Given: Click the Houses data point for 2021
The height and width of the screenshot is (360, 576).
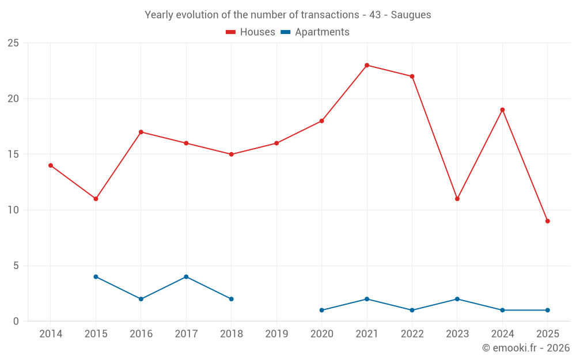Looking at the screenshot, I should pos(367,65).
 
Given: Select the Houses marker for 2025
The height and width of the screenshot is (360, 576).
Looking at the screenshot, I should pos(547,221).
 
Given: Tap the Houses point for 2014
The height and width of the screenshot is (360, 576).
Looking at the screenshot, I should pos(51,165).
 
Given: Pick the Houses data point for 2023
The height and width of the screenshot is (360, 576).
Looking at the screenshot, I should pos(457,199).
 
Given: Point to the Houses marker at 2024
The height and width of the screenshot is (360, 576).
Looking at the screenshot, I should pos(502,110).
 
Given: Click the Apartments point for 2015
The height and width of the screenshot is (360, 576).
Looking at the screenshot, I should pos(96,276).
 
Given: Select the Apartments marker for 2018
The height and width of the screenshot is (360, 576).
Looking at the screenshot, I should pos(231,299).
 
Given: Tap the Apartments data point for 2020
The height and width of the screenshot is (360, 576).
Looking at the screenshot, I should pos(321,310).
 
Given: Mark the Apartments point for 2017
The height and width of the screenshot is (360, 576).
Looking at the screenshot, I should pos(186,276).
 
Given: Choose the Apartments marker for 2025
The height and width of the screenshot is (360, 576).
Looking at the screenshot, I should pos(547,310).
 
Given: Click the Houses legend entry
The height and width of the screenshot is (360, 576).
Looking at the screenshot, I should pos(251,32).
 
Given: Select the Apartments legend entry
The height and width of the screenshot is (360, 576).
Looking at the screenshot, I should pos(315,32).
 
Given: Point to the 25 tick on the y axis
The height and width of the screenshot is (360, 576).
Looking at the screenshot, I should pos(13,43).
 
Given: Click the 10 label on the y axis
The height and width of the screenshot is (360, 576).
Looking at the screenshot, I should pos(13,210).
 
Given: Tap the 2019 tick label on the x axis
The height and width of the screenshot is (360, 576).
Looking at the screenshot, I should pos(276,334).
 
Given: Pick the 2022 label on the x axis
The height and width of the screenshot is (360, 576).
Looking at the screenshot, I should pos(412,334).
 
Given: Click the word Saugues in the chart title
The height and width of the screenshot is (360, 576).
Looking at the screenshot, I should pos(411,15).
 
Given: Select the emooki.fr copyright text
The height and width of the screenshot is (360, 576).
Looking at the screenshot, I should pos(525,348).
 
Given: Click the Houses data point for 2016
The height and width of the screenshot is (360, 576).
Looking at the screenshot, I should pos(141,132).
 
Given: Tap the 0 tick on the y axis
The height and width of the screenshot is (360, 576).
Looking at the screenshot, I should pos(16,321).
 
